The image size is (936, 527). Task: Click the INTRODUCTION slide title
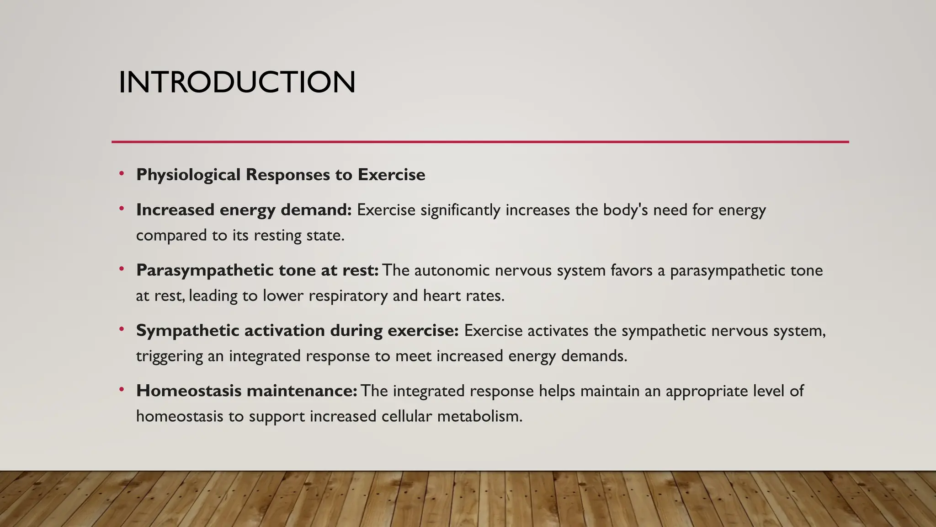[x=237, y=82]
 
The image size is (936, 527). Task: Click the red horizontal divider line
[x=480, y=142]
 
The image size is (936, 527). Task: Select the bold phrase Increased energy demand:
[x=244, y=210]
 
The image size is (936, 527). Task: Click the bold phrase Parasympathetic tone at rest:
[x=257, y=270]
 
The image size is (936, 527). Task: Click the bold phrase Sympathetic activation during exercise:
[x=297, y=331]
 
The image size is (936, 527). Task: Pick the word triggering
[x=169, y=356]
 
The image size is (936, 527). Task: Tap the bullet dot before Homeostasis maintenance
[x=122, y=390]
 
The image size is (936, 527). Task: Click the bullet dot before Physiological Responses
[x=122, y=173]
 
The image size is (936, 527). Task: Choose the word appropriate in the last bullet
[x=697, y=391]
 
